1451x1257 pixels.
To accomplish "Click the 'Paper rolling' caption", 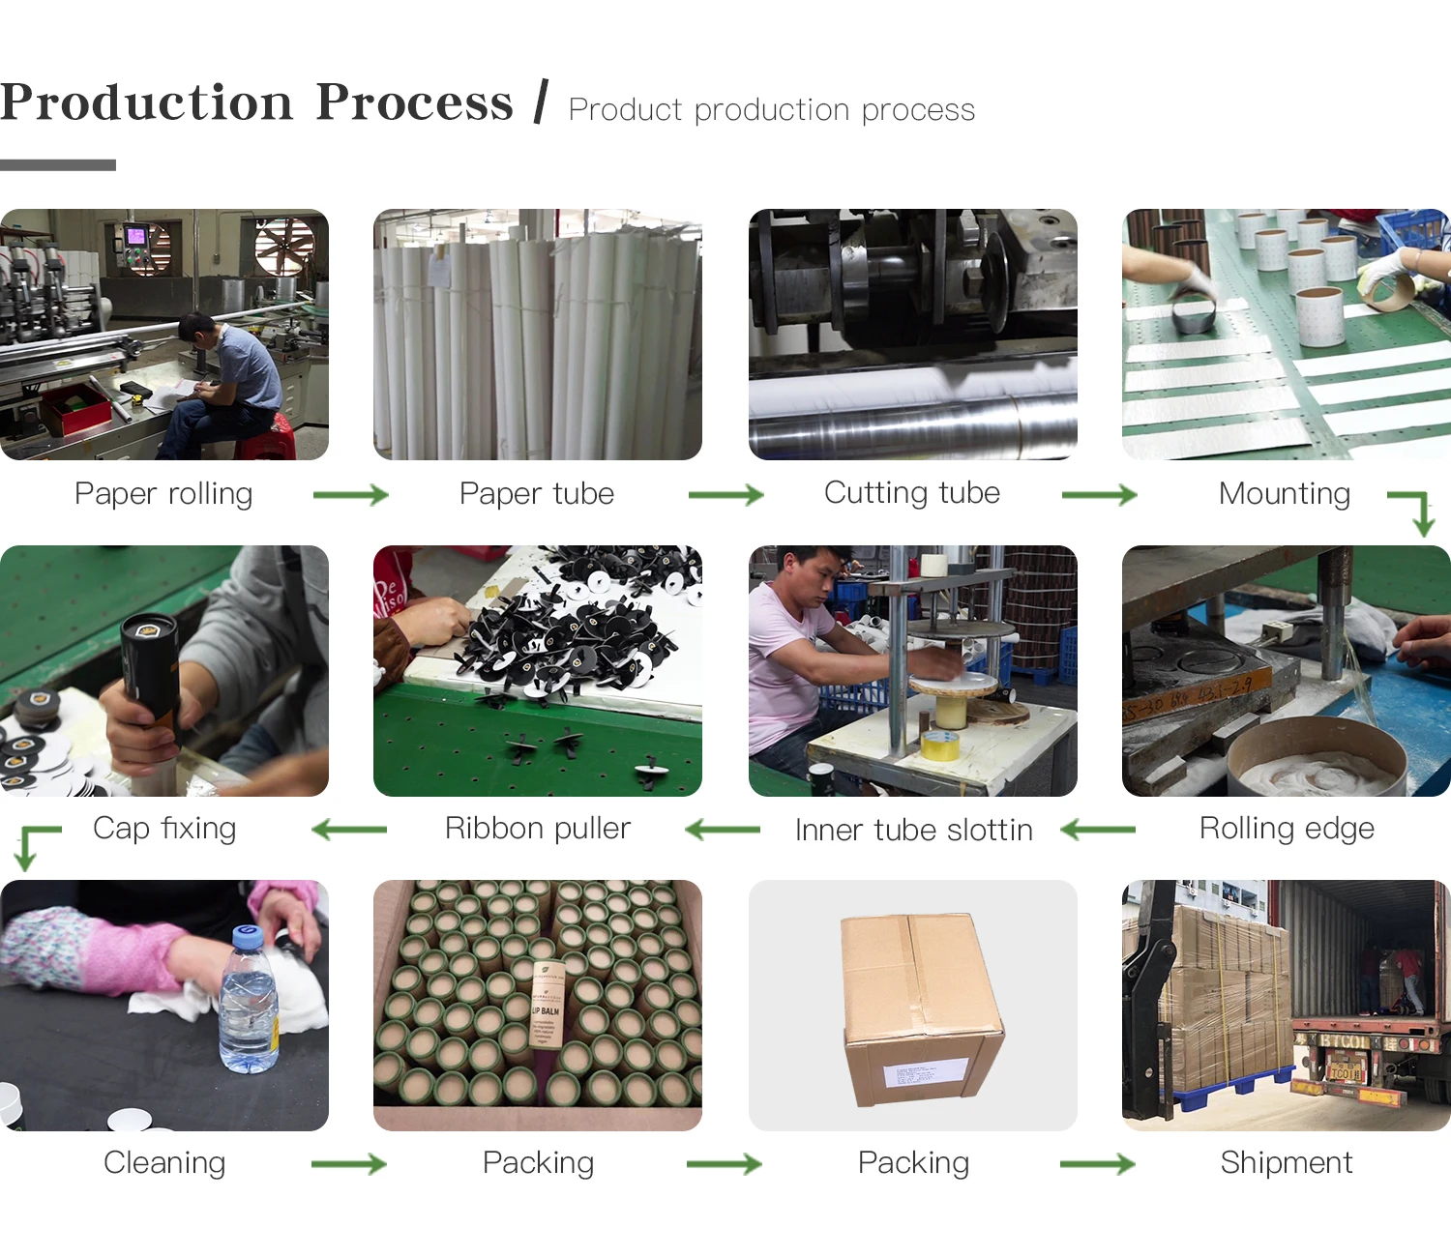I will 163,494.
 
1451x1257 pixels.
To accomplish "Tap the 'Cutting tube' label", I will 911,493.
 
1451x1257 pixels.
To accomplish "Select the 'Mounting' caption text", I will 1284,494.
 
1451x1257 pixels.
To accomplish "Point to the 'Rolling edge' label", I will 1286,829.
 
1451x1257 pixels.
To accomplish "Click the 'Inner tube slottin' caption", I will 913,830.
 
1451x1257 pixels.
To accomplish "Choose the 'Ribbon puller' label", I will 537,829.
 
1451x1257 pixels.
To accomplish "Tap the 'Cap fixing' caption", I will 164,829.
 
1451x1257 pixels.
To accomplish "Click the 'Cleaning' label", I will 164,1162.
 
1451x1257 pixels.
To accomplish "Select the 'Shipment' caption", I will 1286,1162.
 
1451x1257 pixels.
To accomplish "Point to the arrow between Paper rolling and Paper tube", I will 350,495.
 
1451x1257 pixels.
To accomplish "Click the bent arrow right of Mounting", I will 1413,511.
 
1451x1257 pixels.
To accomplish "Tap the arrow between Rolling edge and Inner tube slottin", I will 1098,830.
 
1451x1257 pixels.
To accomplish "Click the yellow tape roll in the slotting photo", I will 938,745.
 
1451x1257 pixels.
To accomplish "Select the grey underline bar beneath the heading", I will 58,165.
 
